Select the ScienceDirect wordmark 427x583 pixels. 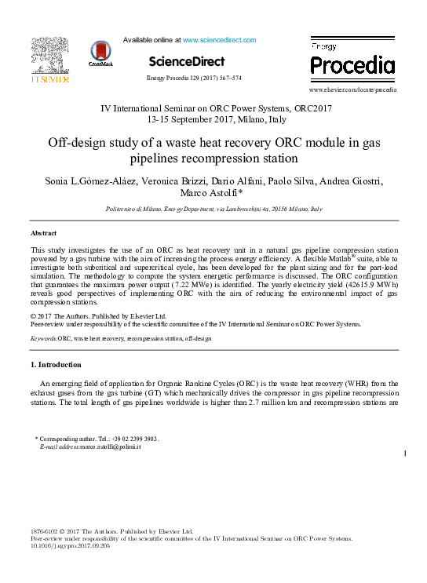(x=186, y=61)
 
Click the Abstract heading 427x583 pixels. (x=43, y=234)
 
